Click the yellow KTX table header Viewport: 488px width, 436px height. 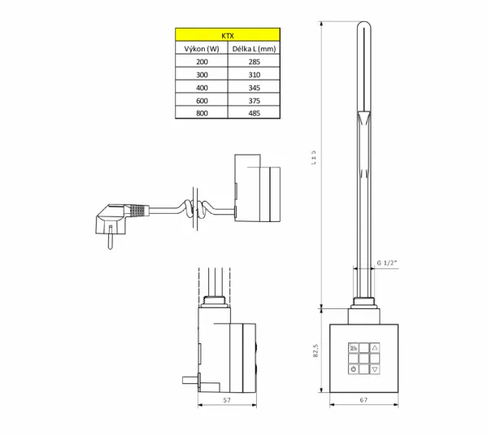228,35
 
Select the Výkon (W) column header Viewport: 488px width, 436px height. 202,49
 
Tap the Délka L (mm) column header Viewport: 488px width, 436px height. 254,49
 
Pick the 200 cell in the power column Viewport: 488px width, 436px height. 202,61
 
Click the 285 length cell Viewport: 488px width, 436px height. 254,61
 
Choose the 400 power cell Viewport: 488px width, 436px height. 202,88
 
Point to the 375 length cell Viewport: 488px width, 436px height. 254,101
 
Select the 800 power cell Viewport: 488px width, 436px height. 202,113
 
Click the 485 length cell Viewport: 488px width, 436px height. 254,113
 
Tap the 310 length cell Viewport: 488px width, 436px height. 254,75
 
